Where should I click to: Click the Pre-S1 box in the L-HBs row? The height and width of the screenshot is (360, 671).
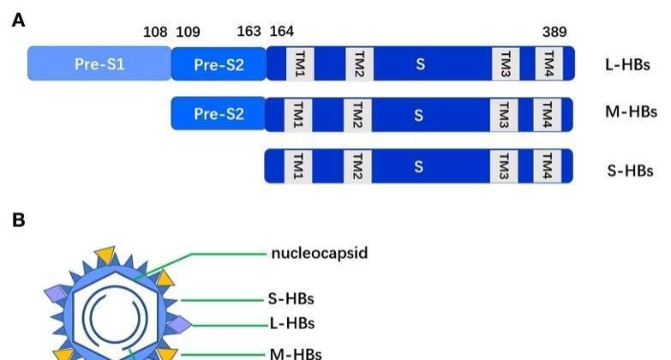click(x=99, y=63)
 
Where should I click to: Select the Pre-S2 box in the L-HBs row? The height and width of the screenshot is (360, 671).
click(x=219, y=63)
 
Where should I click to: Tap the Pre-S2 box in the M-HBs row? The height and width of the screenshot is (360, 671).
click(x=219, y=113)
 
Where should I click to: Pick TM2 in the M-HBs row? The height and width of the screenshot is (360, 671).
click(x=358, y=113)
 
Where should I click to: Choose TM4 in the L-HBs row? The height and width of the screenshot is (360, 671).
click(x=547, y=63)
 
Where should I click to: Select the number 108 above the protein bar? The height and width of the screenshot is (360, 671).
click(x=155, y=33)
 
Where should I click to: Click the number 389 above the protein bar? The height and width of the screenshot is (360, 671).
click(x=554, y=33)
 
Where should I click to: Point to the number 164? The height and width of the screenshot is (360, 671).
click(x=282, y=33)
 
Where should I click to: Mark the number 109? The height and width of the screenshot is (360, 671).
click(x=189, y=33)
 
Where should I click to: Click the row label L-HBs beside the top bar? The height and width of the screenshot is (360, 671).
click(x=627, y=64)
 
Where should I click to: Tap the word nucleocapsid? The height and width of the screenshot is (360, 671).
click(x=320, y=253)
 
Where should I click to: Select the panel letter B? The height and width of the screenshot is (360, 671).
click(x=18, y=220)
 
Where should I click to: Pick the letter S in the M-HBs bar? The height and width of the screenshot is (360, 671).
click(x=419, y=113)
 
